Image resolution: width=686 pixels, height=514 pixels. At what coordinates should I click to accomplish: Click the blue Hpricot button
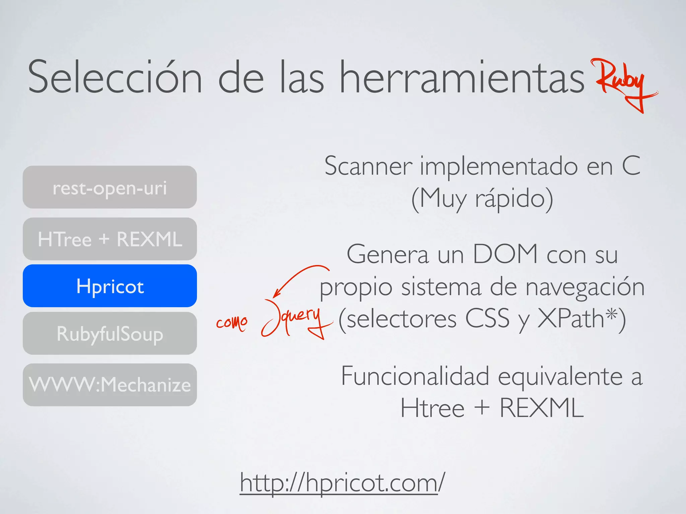click(x=110, y=286)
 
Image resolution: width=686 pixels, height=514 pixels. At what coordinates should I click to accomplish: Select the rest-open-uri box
click(x=110, y=187)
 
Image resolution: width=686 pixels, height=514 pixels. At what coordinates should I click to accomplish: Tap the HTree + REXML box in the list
click(x=110, y=239)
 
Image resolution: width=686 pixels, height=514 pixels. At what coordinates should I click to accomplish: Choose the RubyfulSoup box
click(x=110, y=334)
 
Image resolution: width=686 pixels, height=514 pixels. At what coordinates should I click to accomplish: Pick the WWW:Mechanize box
click(x=110, y=385)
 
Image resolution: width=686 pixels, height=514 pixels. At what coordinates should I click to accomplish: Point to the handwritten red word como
click(x=232, y=323)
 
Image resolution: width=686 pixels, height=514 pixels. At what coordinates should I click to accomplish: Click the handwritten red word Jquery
click(x=295, y=318)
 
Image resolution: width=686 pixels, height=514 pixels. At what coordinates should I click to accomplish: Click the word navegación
click(x=585, y=287)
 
